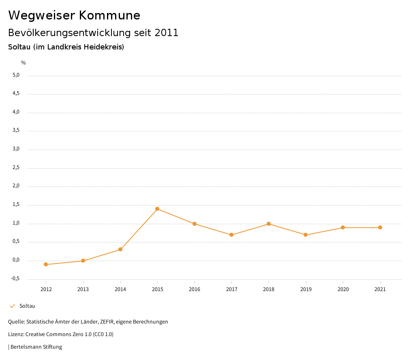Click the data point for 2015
pyautogui.click(x=157, y=209)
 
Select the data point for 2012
pyautogui.click(x=46, y=264)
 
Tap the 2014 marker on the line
pyautogui.click(x=120, y=249)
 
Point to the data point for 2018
pyautogui.click(x=269, y=224)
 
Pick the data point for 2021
pyautogui.click(x=380, y=227)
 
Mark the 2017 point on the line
pyautogui.click(x=231, y=235)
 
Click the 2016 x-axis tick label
pyautogui.click(x=195, y=289)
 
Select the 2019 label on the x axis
pyautogui.click(x=306, y=289)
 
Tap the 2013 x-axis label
pyautogui.click(x=83, y=289)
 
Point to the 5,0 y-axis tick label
pyautogui.click(x=16, y=75)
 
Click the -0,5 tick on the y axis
pyautogui.click(x=15, y=279)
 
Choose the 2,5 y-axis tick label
pyautogui.click(x=16, y=167)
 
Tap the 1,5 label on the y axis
pyautogui.click(x=16, y=205)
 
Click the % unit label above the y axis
pyautogui.click(x=24, y=63)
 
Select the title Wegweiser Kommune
pyautogui.click(x=74, y=15)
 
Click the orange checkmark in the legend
pyautogui.click(x=12, y=306)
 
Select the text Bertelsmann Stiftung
pyautogui.click(x=36, y=347)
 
